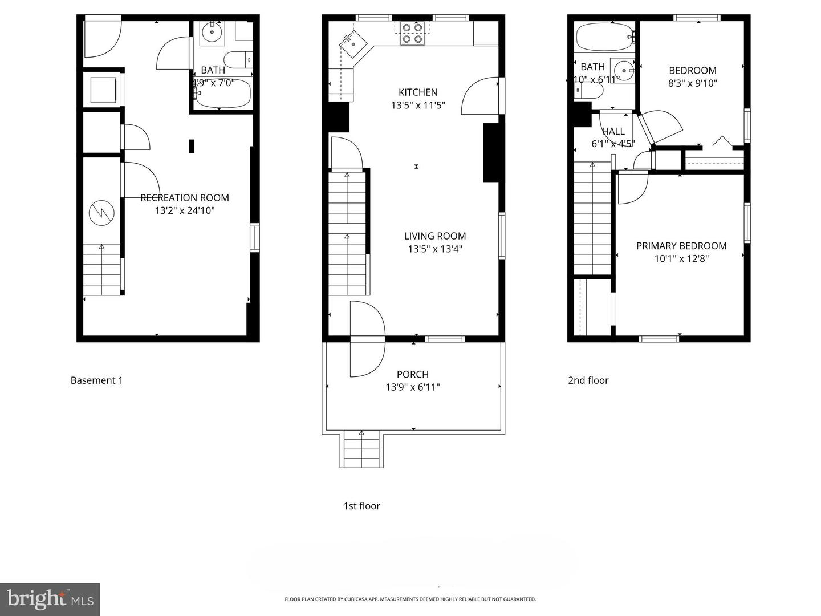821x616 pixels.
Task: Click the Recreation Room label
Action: (x=185, y=198)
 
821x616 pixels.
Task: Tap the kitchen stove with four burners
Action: (x=412, y=33)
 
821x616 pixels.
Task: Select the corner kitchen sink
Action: (x=353, y=43)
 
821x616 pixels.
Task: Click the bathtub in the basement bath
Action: (x=222, y=94)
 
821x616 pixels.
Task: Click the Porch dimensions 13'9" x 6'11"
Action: (x=413, y=387)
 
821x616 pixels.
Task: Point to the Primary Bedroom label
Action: (x=681, y=246)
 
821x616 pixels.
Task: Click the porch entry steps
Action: (x=361, y=449)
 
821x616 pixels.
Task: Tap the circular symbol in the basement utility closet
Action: (x=101, y=213)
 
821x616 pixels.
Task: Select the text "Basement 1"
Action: (x=96, y=380)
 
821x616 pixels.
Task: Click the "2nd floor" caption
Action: (x=588, y=380)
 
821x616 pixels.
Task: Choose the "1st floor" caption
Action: (x=361, y=506)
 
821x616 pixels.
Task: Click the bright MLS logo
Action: (x=50, y=599)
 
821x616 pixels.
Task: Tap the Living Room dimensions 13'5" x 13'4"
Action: (x=435, y=249)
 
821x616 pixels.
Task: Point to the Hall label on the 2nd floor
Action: (x=613, y=131)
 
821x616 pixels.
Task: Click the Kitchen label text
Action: (x=418, y=92)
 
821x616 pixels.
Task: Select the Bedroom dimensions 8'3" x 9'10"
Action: (x=692, y=83)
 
